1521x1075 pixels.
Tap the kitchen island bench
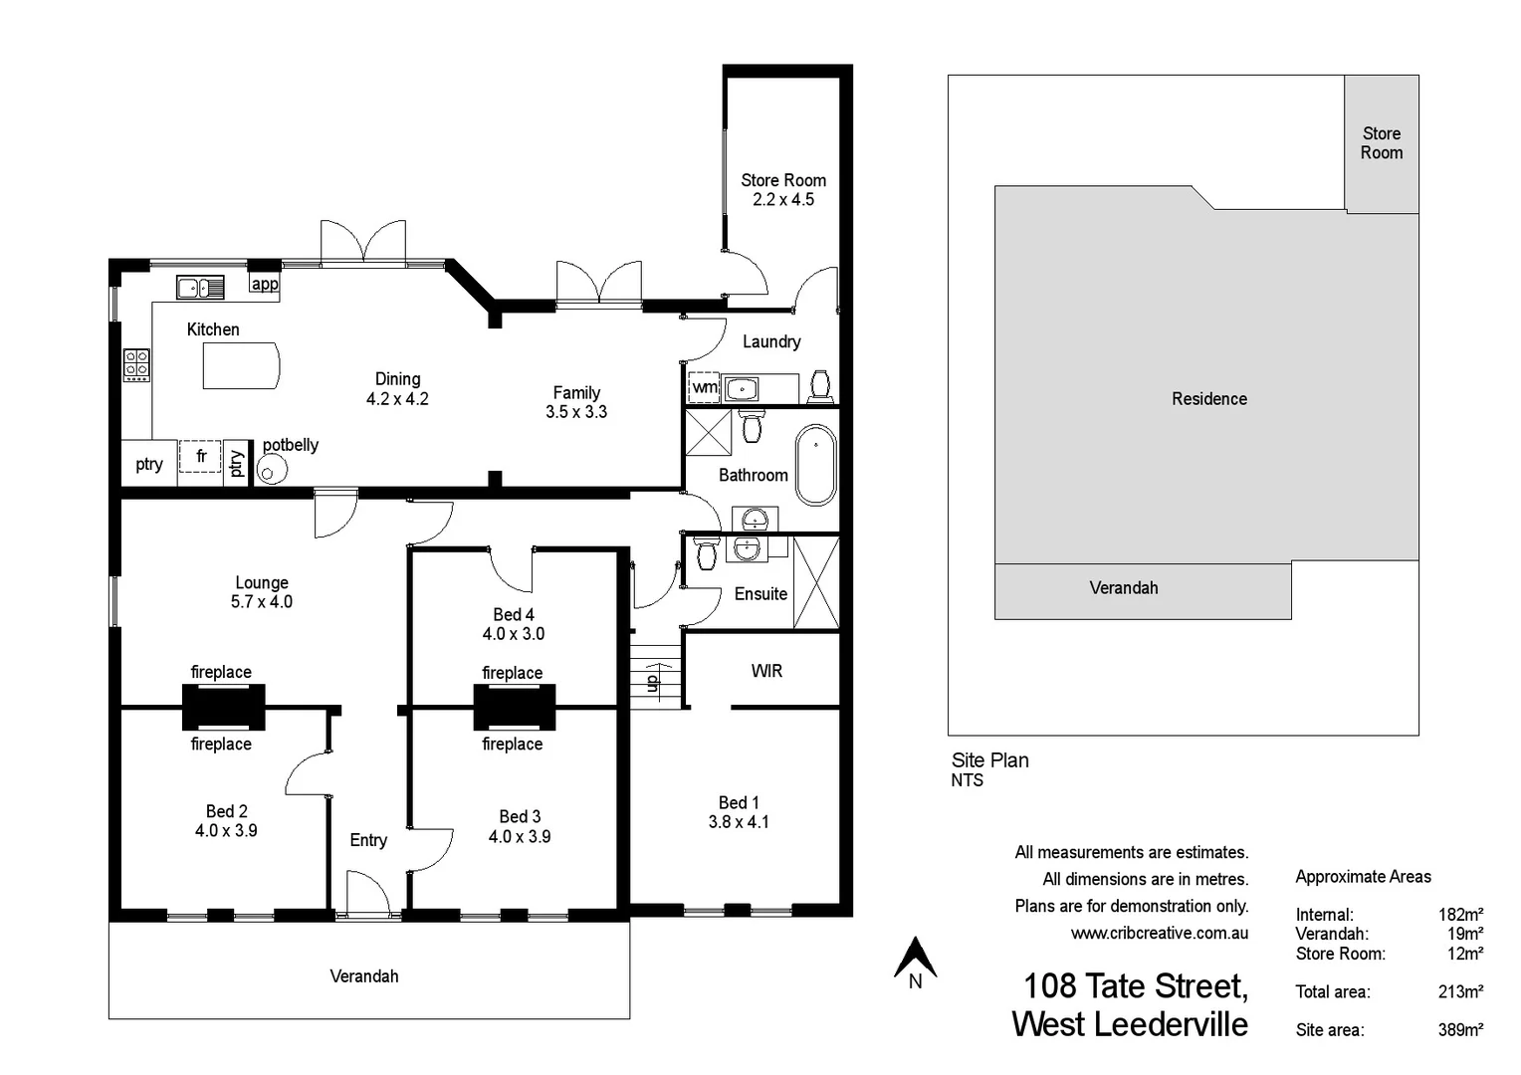point(241,365)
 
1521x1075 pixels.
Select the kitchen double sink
point(200,288)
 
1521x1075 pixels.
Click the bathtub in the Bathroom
point(817,465)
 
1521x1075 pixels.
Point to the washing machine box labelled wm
point(703,387)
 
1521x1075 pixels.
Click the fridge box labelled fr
point(200,457)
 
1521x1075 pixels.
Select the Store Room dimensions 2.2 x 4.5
point(782,199)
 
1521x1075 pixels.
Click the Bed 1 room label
point(739,802)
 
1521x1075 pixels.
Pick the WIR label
point(766,671)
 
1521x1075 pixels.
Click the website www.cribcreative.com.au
point(1159,933)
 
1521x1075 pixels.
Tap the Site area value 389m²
point(1460,1029)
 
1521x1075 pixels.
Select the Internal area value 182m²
point(1460,914)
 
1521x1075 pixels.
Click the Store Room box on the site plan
point(1381,143)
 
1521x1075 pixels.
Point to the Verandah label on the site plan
point(1123,587)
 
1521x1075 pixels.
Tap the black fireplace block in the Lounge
point(223,708)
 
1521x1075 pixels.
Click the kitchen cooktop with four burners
point(137,364)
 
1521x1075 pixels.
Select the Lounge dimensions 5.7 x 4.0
point(261,601)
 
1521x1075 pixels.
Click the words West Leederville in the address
point(1129,1024)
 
